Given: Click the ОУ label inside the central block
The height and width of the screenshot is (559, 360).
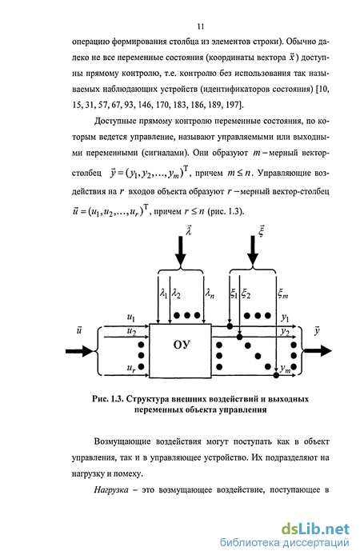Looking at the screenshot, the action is (182, 345).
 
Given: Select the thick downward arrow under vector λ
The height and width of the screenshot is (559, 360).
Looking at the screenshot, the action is (181, 251).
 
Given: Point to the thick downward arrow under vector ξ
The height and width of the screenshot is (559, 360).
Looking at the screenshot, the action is (253, 251).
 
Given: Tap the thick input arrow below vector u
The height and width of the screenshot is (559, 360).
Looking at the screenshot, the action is (79, 351).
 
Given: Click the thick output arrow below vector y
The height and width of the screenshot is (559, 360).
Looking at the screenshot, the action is (318, 351).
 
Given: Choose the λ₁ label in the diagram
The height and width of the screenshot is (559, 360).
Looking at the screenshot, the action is (164, 294).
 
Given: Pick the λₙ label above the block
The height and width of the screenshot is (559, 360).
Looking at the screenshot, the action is (210, 294).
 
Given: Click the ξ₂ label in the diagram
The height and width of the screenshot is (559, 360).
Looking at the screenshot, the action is (246, 294).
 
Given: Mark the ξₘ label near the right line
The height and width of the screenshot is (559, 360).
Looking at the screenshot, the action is (283, 294).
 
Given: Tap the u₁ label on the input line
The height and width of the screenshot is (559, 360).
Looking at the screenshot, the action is (131, 317).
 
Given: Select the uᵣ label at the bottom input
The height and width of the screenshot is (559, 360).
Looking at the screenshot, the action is (131, 368).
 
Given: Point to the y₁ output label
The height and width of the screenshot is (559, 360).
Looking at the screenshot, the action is (285, 317).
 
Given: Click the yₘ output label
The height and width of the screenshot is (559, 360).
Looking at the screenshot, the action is (286, 369).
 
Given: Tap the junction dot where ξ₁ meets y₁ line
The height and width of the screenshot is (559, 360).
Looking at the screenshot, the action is (230, 326).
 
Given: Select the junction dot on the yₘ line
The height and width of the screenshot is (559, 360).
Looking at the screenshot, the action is (276, 375).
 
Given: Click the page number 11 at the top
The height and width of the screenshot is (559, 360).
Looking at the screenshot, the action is (201, 26).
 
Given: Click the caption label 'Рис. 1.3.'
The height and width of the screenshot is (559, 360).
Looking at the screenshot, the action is (107, 399).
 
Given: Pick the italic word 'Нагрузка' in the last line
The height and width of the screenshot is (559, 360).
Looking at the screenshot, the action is (111, 490).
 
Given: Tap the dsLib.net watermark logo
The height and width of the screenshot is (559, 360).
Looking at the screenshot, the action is (315, 529).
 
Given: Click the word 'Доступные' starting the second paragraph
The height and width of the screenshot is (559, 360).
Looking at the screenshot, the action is (114, 122).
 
